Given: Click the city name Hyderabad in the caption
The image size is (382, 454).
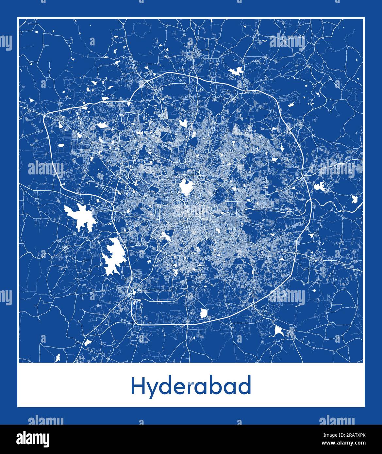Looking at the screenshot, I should pyautogui.click(x=191, y=386).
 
